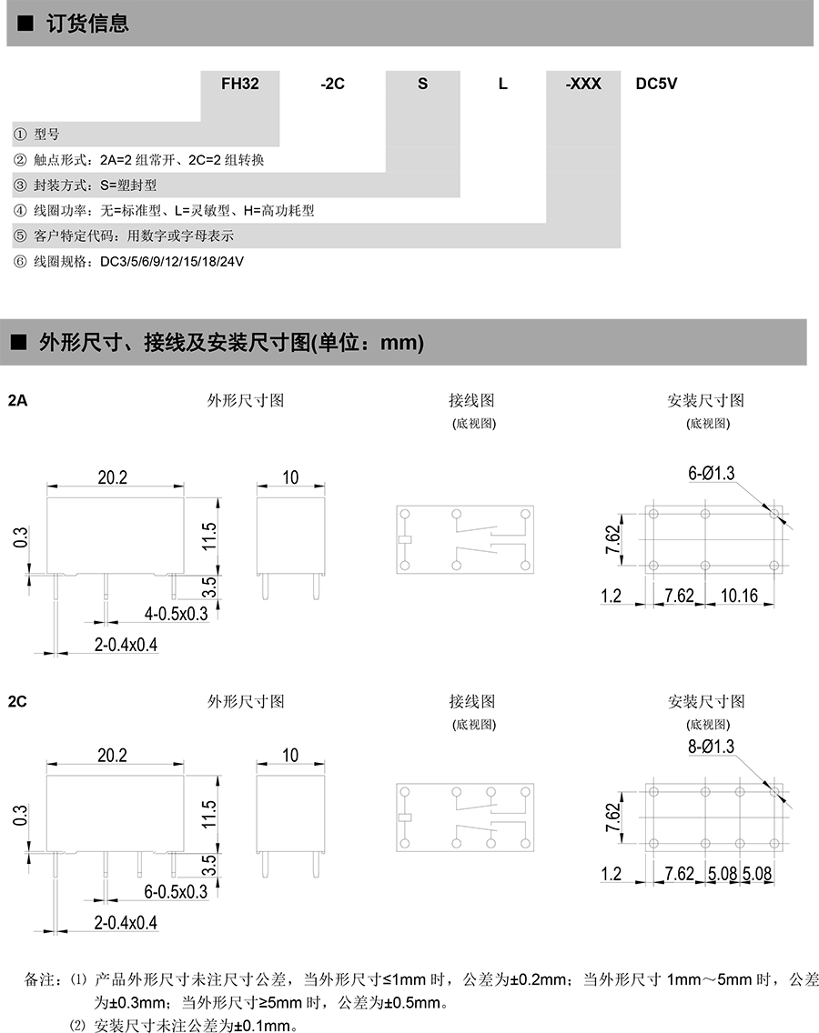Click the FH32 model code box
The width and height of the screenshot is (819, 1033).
240,84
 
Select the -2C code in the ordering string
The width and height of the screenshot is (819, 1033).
333,84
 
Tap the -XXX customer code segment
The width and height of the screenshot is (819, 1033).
583,84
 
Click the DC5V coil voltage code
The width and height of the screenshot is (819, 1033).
656,84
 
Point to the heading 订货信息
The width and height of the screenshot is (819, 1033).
86,24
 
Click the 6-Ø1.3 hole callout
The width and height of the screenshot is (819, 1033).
711,472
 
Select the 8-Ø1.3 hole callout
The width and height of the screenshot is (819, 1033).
711,747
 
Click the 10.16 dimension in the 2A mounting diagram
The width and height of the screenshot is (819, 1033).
738,596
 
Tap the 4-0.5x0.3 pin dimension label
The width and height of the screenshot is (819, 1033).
177,614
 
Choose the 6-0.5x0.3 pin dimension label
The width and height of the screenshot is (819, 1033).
177,892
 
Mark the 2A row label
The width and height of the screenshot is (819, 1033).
17,400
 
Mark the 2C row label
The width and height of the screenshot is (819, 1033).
17,701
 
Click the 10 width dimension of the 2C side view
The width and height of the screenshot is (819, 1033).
290,755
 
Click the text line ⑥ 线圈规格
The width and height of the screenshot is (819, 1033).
128,262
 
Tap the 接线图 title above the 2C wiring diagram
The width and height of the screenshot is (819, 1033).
471,701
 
